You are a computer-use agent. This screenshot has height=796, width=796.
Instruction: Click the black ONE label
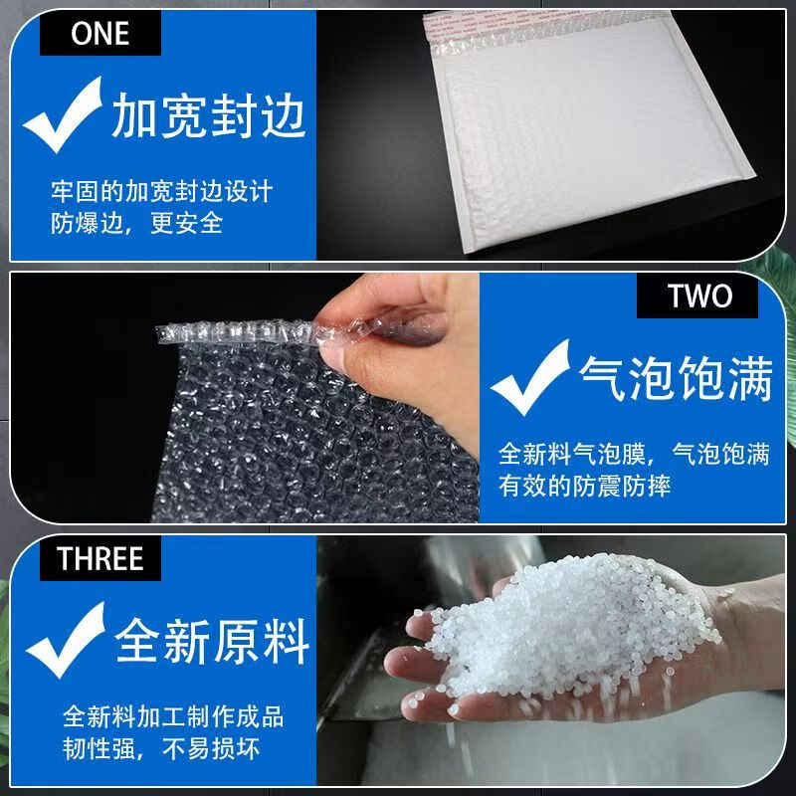click(x=99, y=33)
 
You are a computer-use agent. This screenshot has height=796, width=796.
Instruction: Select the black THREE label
click(x=99, y=557)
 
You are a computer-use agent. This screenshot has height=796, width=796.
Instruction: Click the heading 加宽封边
click(x=208, y=117)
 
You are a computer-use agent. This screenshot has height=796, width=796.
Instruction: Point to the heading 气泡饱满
click(x=676, y=382)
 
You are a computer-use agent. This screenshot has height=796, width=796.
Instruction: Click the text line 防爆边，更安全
click(x=137, y=223)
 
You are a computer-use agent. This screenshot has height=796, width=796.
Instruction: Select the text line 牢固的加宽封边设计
click(x=161, y=189)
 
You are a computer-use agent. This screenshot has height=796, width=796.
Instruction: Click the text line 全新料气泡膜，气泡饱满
click(x=634, y=454)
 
